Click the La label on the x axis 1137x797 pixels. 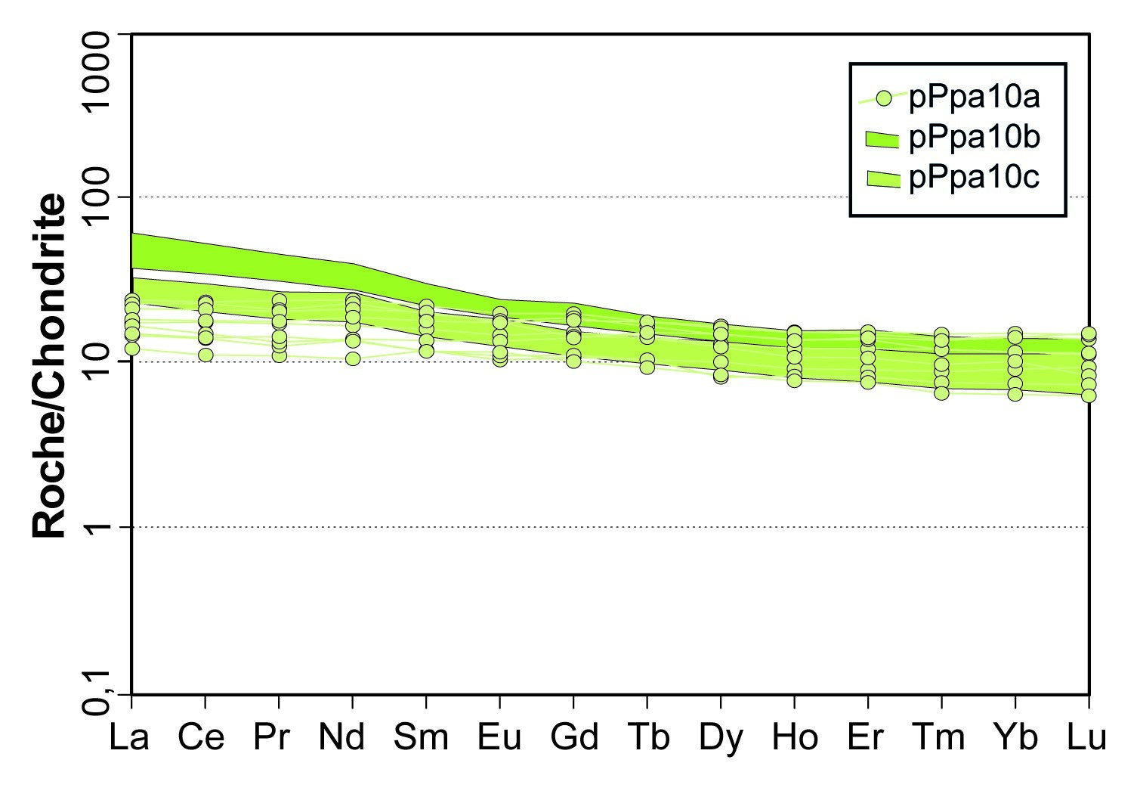[x=129, y=737]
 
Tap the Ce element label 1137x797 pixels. [x=201, y=737]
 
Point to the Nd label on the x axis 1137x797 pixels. [x=342, y=737]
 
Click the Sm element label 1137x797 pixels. [x=421, y=737]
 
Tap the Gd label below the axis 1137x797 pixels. [x=575, y=737]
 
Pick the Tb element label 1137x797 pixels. [x=647, y=737]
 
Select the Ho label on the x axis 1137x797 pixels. [x=795, y=737]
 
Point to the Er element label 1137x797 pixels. [x=866, y=737]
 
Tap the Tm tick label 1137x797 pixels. [x=939, y=737]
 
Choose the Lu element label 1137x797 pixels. [x=1086, y=737]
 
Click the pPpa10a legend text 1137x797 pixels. [x=975, y=98]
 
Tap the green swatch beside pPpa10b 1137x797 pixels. [x=882, y=138]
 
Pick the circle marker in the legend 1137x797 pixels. [x=884, y=98]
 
